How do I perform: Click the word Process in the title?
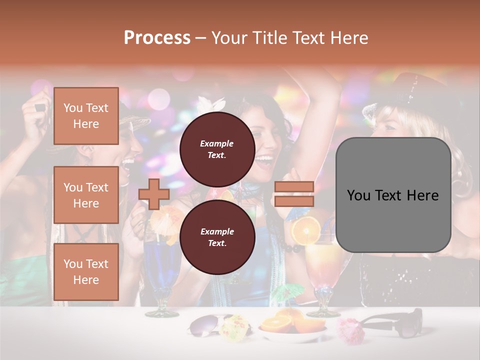tap(157, 38)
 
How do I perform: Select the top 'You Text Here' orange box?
tap(86, 116)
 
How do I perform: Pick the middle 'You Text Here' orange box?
tap(86, 195)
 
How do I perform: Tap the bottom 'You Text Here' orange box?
tap(86, 271)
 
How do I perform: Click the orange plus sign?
tap(154, 194)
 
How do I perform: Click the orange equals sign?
tap(293, 194)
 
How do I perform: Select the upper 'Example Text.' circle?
tap(217, 149)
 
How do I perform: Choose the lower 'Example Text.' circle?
tap(217, 237)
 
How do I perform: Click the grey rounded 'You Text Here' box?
tap(393, 195)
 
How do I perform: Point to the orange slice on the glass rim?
tap(306, 230)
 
